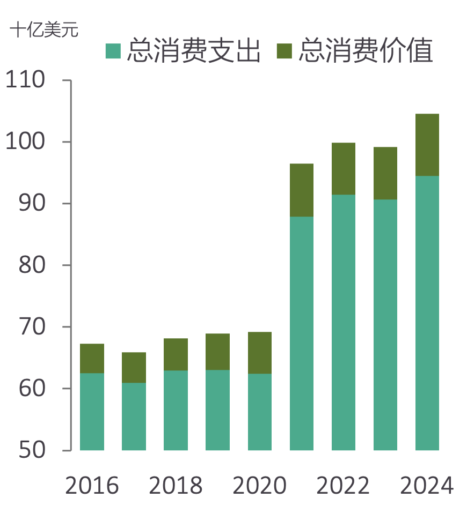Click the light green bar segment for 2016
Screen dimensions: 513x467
92,411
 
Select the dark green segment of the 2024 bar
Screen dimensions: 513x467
427,145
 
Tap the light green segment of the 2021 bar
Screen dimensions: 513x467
302,333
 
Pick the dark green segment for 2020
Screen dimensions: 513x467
260,353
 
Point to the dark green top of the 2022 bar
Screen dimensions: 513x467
344,168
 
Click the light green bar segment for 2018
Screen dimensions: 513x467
176,410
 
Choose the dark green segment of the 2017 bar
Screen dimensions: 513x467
134,367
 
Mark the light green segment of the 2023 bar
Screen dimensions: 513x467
385,324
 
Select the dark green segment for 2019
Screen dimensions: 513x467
218,352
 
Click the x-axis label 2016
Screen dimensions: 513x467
92,486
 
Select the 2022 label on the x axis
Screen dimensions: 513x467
344,486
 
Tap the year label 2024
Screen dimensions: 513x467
427,486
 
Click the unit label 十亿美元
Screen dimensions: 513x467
44,31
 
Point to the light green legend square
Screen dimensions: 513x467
113,51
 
